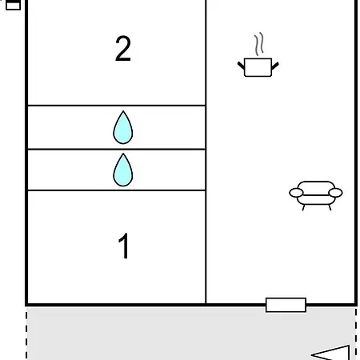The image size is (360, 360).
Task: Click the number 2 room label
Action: coord(123,49)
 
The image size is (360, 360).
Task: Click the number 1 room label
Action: coord(124,246)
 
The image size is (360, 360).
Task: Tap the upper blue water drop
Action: coord(123,127)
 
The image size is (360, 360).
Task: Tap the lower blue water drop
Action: coord(123,170)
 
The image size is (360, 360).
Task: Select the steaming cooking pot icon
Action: coord(258,55)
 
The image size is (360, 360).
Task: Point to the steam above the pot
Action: coord(259,44)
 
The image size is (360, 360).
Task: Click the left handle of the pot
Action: coord(241,66)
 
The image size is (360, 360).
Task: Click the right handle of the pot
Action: coord(275,66)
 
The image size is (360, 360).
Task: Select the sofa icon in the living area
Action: coord(316,195)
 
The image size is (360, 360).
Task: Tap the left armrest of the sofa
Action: coord(296,193)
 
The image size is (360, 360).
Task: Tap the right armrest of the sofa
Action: coord(335,193)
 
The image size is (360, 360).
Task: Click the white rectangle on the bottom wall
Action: coord(286,305)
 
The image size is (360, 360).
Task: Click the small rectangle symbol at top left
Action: coord(13,5)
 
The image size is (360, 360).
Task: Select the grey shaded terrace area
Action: coord(191,334)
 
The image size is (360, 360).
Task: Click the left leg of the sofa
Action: coord(303,207)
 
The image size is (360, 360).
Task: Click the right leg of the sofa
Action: coord(330,207)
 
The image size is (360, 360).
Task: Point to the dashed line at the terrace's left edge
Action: coord(26,334)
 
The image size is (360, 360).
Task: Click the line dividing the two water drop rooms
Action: coord(117,149)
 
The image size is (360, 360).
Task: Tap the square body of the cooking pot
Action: coord(258,67)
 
